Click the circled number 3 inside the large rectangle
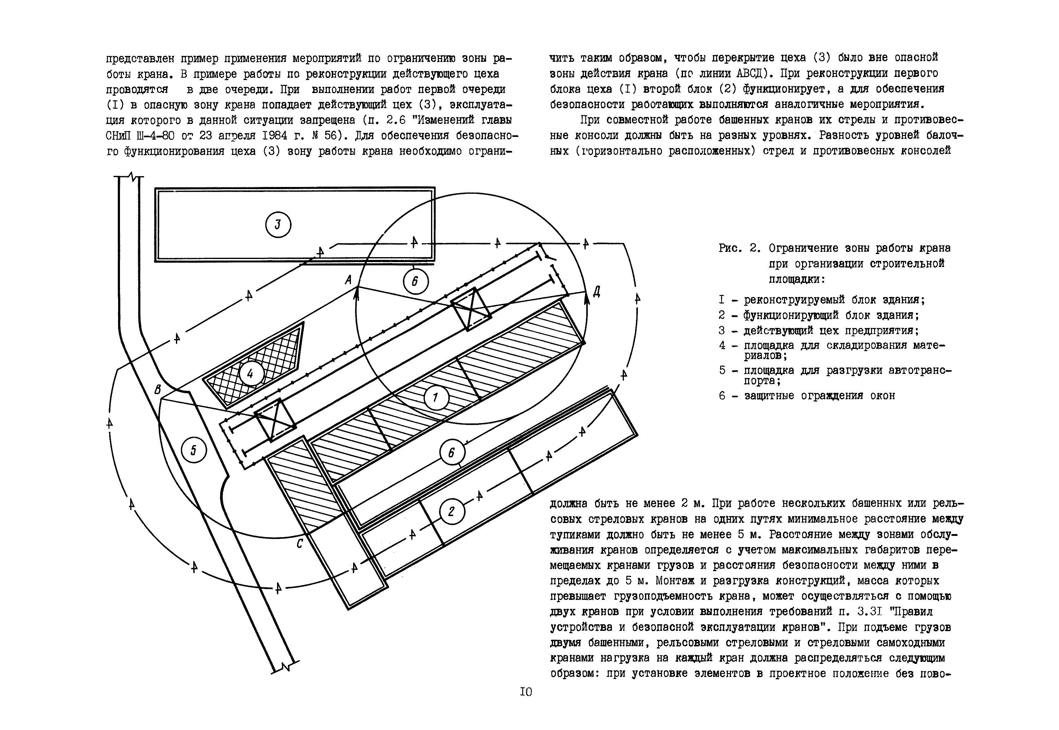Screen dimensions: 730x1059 coord(278,225)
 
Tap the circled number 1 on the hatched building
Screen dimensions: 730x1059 coord(435,398)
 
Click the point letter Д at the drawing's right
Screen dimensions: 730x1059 coord(596,291)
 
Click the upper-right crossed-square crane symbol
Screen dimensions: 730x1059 coord(471,309)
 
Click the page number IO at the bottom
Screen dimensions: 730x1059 coord(526,692)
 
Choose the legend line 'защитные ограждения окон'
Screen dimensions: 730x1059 coord(819,396)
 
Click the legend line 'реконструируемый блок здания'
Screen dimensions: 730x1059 coord(834,300)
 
